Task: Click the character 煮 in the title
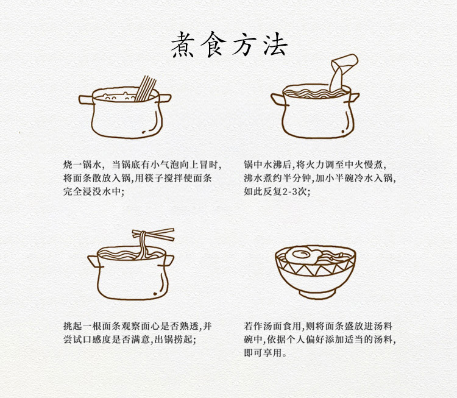(x=182, y=44)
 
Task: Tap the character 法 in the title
(x=275, y=44)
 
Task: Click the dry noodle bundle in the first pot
(x=145, y=88)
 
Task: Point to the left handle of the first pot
(x=86, y=99)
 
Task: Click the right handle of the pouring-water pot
(x=354, y=97)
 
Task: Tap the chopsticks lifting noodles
(x=154, y=235)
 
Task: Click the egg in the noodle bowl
(x=300, y=255)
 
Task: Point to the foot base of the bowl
(x=317, y=294)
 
